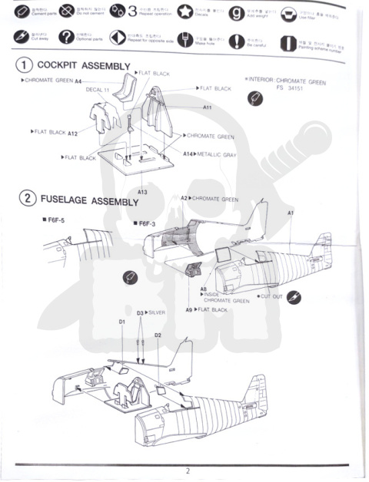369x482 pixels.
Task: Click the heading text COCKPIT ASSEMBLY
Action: (85, 66)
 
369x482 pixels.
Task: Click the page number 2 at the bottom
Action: (186, 470)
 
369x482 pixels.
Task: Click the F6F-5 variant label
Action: (53, 222)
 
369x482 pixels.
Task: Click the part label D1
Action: (121, 322)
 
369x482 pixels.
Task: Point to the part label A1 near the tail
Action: (290, 212)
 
